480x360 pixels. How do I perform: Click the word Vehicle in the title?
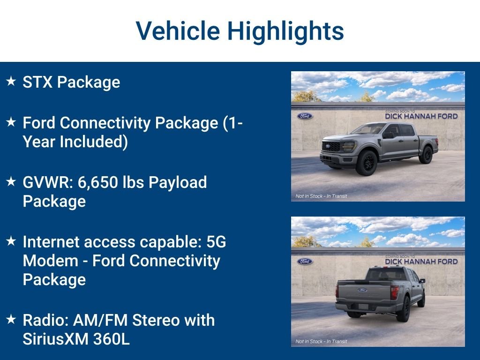(x=178, y=31)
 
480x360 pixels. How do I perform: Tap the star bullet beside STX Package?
(x=11, y=81)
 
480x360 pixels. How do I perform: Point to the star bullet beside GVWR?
(x=11, y=181)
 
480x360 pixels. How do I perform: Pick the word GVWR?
(x=48, y=182)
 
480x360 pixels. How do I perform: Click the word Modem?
(x=51, y=261)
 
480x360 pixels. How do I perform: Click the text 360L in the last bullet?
(x=112, y=339)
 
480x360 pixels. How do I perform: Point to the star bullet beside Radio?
(x=11, y=319)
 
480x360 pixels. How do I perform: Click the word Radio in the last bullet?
(x=45, y=320)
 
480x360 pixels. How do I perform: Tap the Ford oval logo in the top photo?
(x=305, y=116)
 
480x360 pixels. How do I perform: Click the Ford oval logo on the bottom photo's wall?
(x=305, y=262)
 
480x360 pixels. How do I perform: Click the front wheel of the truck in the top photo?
(x=367, y=163)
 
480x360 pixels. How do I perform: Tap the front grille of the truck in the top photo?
(x=331, y=146)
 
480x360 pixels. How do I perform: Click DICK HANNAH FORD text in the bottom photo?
(x=421, y=262)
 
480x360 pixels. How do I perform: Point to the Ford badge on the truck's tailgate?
(x=362, y=290)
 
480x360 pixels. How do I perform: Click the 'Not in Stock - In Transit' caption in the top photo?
(x=322, y=196)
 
